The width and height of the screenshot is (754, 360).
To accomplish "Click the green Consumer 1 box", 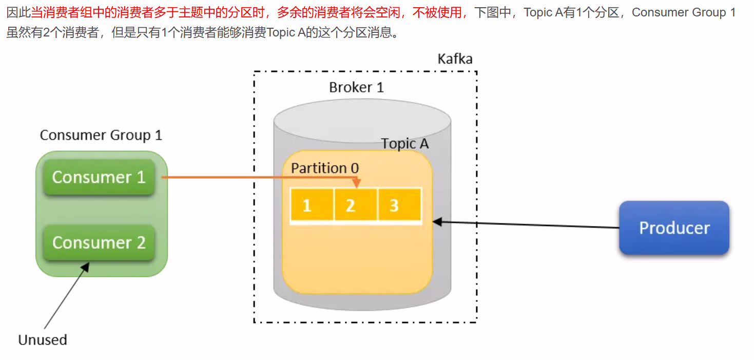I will point(99,177).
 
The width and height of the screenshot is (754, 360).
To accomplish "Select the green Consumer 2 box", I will point(99,242).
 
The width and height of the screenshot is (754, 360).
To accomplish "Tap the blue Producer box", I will point(674,228).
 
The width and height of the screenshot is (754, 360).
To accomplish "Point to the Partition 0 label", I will point(325,168).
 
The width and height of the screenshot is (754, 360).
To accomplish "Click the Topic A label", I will point(404,144).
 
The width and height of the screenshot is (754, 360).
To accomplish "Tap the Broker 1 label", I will point(356,87).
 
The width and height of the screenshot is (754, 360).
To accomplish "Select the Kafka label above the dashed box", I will point(455,59).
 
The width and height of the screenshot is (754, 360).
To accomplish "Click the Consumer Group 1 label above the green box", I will point(101,135).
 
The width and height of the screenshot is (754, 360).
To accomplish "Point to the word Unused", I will point(43,340).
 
